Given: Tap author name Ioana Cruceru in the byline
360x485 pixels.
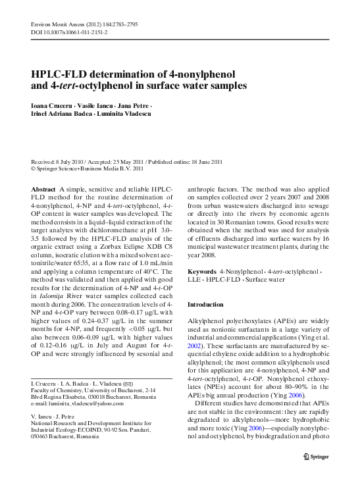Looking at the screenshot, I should point(51,107).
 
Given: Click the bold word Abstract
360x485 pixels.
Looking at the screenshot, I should point(43,190).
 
